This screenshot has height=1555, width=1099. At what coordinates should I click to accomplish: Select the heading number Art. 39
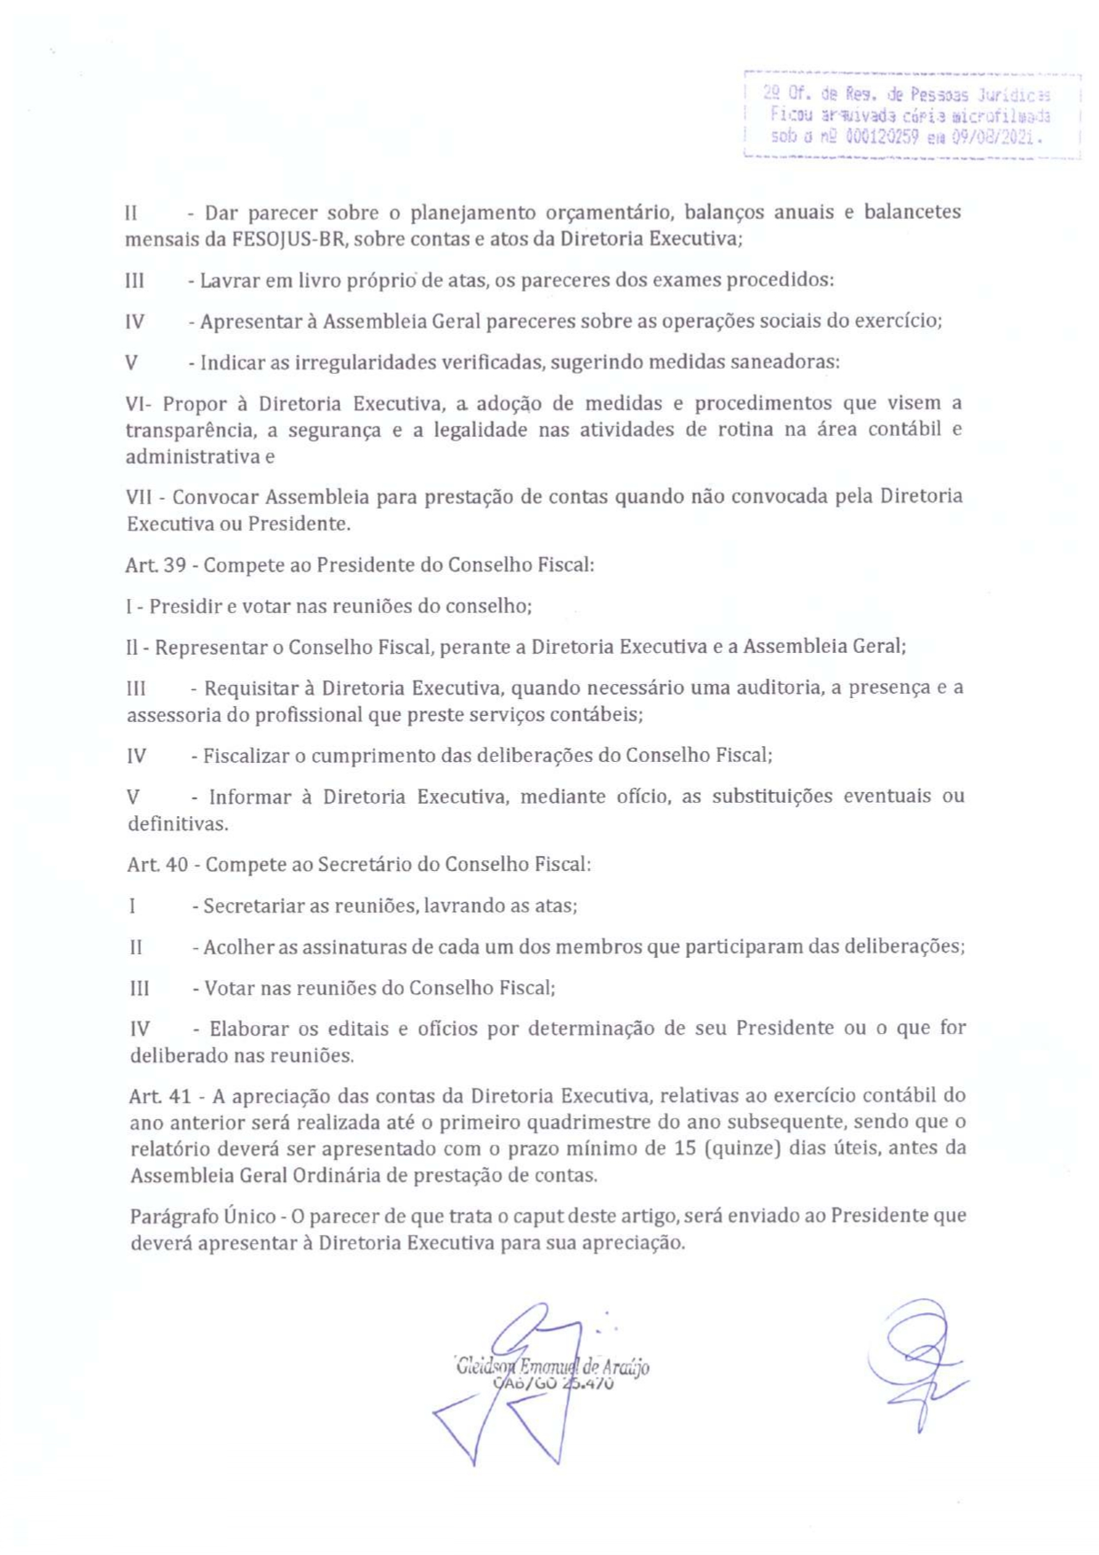[156, 565]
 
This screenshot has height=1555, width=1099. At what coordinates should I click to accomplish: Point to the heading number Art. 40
[158, 865]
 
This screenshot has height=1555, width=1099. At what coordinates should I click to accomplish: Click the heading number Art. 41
[160, 1097]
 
